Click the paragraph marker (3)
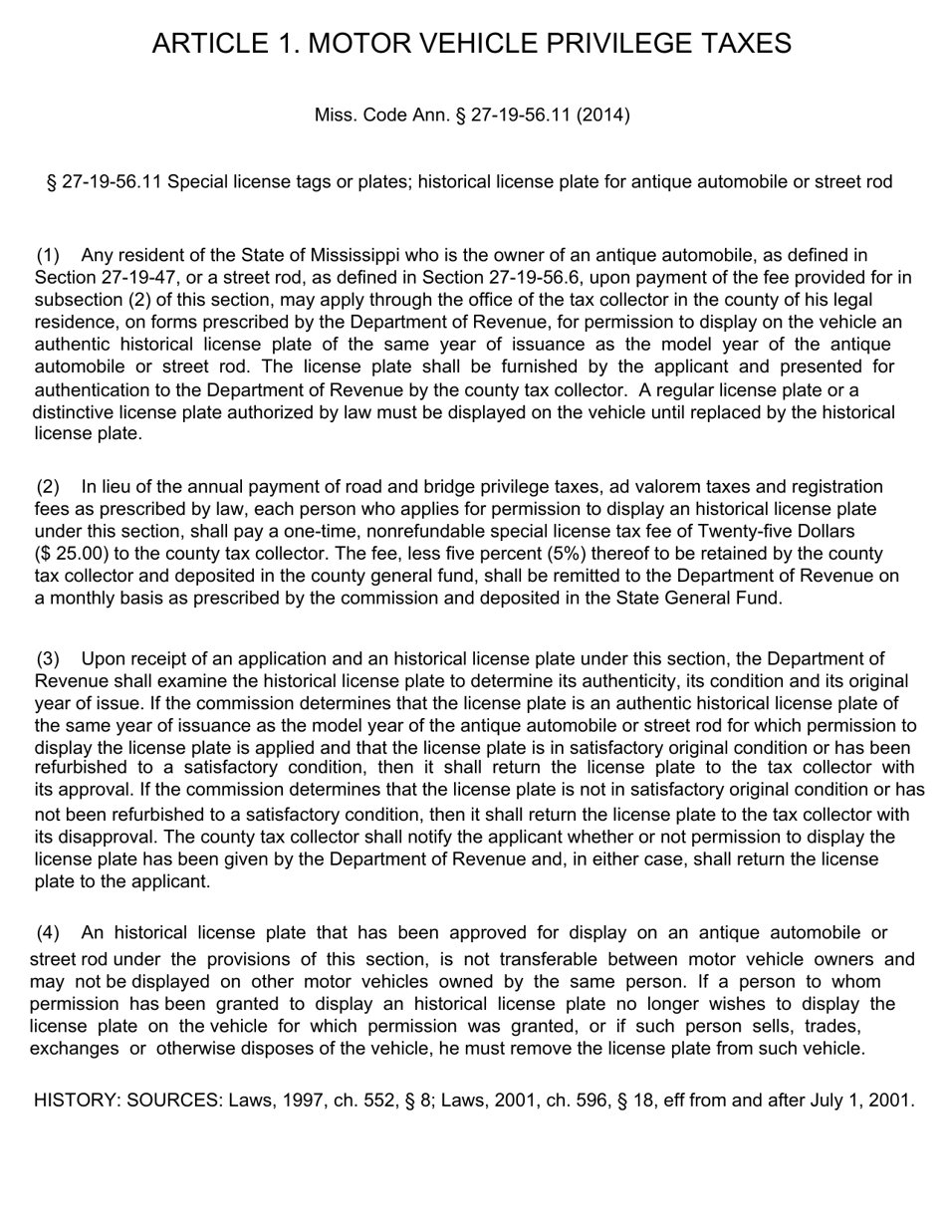point(49,659)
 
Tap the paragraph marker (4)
point(49,933)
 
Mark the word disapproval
point(104,837)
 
